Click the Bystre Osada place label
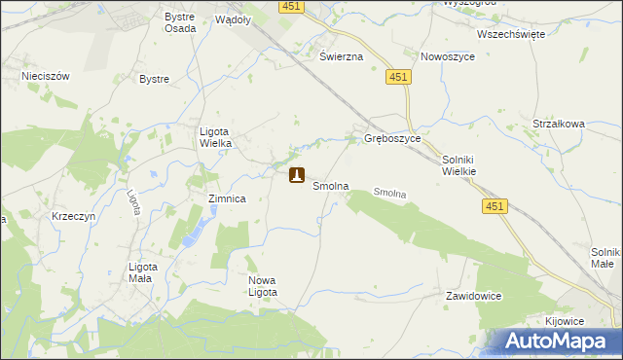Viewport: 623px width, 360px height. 180,22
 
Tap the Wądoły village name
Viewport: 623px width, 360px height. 233,18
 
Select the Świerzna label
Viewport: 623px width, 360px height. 342,56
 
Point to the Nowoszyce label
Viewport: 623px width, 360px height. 446,56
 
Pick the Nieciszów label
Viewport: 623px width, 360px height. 44,73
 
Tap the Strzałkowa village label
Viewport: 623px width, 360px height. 558,124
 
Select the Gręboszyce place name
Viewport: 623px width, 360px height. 392,139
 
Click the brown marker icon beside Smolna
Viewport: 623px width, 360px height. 297,176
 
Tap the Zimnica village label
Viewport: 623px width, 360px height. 227,198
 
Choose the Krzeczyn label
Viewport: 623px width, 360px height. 74,216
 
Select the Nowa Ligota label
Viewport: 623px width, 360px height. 263,286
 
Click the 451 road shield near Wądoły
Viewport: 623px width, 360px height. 290,6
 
